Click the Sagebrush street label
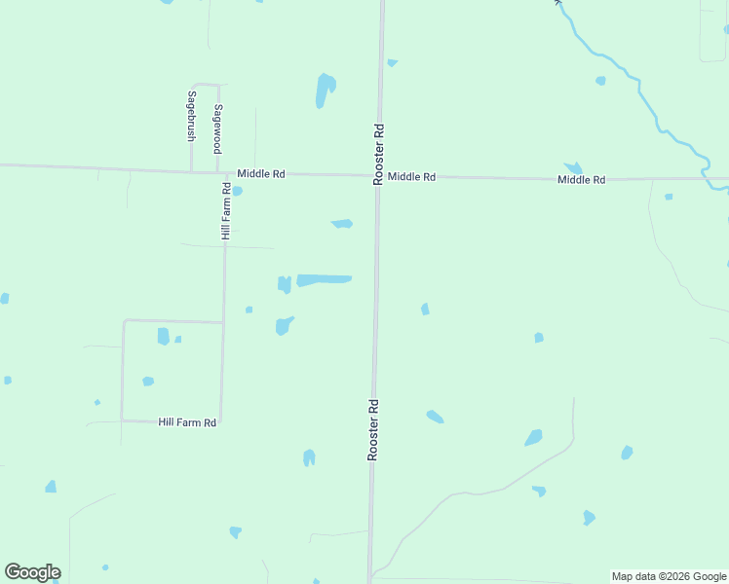[192, 117]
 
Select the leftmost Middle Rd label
[261, 174]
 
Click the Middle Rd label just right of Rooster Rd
[411, 177]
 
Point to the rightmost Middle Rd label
[582, 180]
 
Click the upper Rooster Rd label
[379, 153]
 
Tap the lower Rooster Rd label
[372, 429]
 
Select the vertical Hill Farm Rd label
[226, 211]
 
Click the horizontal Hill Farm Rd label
[187, 421]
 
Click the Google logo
[32, 572]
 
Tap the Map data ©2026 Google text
[669, 576]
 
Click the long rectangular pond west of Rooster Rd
[325, 280]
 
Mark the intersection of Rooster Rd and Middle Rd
[378, 176]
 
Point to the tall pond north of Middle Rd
[325, 90]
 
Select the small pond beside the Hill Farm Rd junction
[237, 191]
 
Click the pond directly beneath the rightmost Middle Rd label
[574, 168]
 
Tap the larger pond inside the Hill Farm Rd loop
[163, 336]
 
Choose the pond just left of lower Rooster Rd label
[309, 456]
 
